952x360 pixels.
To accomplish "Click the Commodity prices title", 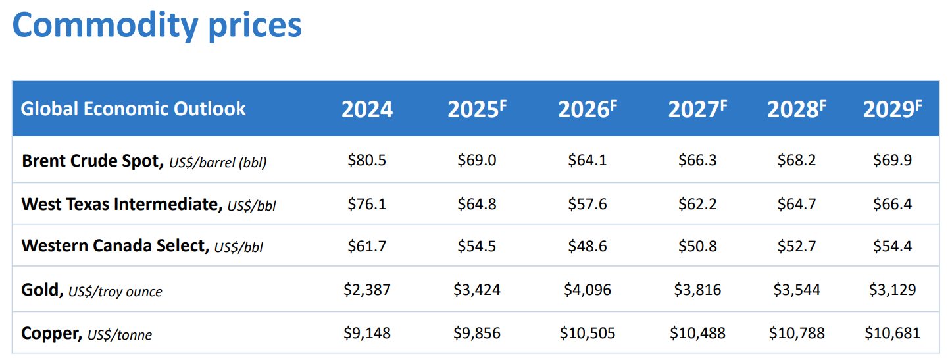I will pos(157,26).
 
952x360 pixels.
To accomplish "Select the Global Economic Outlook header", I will pos(134,109).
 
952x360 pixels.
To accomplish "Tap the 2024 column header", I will pos(366,109).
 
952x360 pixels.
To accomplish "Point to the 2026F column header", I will pos(587,109).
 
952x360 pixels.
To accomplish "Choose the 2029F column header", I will pos(892,109).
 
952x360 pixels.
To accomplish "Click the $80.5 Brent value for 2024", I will pos(366,161).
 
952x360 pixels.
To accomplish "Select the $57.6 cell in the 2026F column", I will pos(588,204).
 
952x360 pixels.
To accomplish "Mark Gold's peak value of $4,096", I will pos(588,290).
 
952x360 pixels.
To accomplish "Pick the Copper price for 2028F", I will pos(797,333).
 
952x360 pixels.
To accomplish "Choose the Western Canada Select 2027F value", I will pos(697,247).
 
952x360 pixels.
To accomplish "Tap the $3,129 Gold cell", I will pos(892,290).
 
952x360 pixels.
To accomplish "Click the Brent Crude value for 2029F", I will pos(892,161).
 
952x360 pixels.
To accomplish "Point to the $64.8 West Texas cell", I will pos(477,204).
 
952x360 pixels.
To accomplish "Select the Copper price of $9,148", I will pos(366,333).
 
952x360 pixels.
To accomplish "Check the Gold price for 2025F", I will pos(477,290).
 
